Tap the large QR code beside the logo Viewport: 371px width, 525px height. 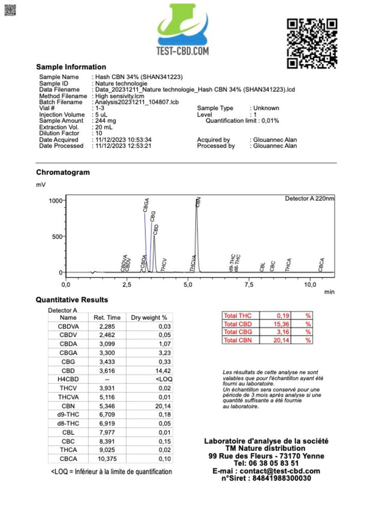312,43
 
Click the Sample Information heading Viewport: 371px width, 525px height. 71,67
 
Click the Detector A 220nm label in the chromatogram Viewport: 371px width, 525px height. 309,199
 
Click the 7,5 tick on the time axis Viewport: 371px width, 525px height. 249,285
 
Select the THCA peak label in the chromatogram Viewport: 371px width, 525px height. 289,265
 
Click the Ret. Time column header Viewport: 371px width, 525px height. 107,318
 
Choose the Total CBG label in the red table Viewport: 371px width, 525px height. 238,332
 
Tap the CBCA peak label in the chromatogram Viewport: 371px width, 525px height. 322,265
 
